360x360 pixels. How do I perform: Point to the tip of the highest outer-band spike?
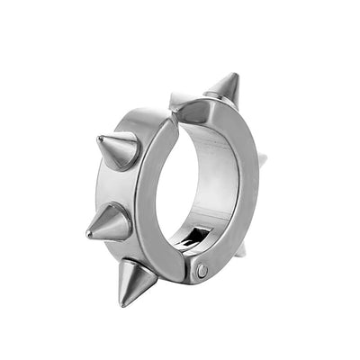click(x=95, y=137)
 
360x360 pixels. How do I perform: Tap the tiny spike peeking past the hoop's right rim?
click(x=263, y=161)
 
